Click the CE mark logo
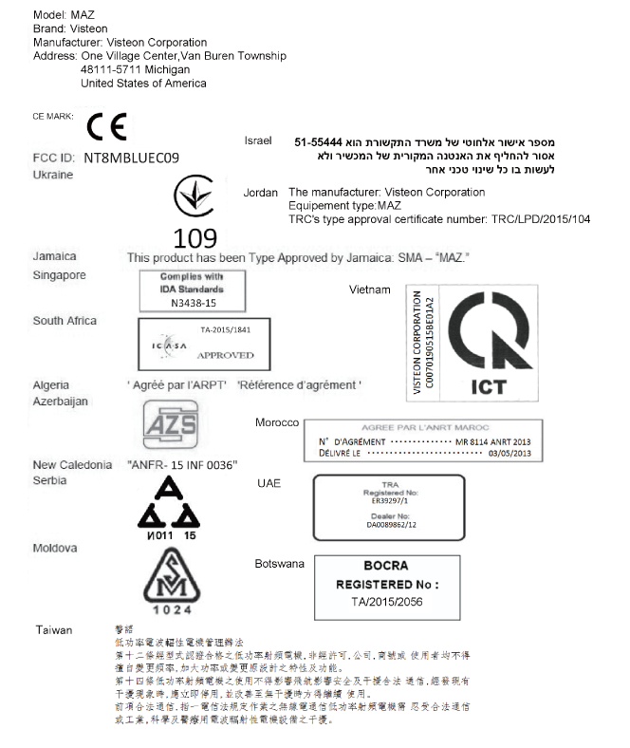105,126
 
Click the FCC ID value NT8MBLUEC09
131,157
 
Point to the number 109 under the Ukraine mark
195,237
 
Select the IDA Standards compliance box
178,290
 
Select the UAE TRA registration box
389,504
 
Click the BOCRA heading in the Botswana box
385,566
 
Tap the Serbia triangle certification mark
169,509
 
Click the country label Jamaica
54,256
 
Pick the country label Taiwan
54,630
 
